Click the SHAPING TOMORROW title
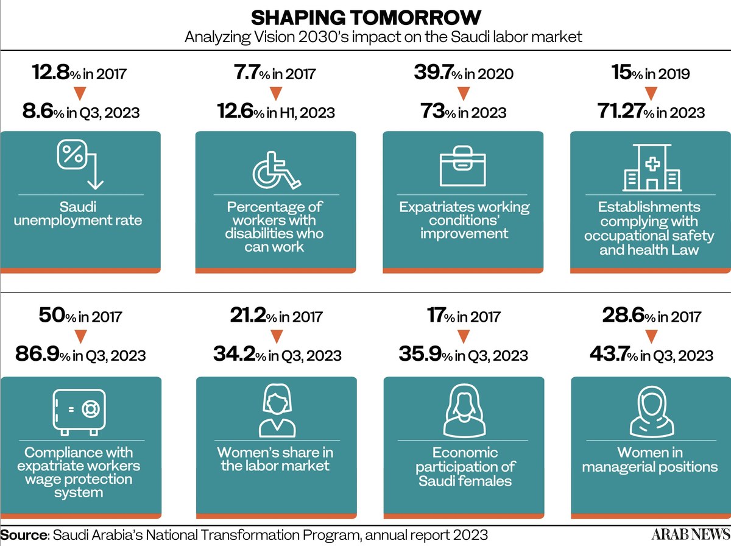coord(365,18)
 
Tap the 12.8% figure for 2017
coord(79,73)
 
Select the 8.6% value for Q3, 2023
coord(81,112)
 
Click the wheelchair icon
coord(277,170)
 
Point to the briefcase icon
coord(462,166)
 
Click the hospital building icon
coord(652,168)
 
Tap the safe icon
coord(79,412)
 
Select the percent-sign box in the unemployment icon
coord(72,154)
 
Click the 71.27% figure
coord(651,112)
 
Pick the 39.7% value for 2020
coord(464,73)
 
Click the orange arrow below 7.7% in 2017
coord(276,94)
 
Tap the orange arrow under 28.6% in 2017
coord(651,336)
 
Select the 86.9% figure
coord(80,354)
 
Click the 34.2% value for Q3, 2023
coord(277,354)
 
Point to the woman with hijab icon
coord(652,413)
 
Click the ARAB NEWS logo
coord(691,534)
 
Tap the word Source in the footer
coord(24,535)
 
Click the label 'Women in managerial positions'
coord(650,459)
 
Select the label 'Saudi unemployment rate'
coord(78,213)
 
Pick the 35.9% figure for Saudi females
coord(463,354)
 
